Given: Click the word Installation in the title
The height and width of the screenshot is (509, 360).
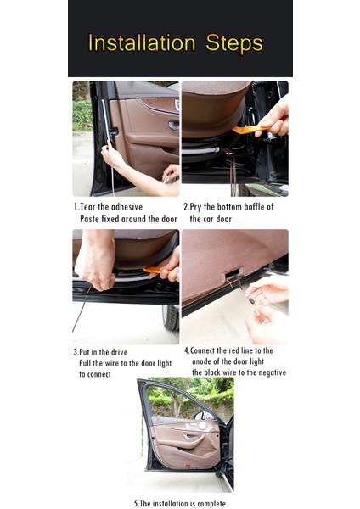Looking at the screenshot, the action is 142,42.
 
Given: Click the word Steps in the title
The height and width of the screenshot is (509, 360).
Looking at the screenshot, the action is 234,43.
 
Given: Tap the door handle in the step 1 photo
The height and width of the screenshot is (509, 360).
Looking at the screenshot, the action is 174,125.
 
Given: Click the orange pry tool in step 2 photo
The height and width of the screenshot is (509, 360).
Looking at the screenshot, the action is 249,130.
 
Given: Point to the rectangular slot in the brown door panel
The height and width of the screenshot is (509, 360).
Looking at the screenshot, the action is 233,273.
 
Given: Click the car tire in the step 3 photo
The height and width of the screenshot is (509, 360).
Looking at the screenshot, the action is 171,317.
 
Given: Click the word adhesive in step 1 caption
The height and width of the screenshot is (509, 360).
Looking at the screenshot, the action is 127,207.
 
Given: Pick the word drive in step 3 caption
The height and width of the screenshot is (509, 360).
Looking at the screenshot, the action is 119,352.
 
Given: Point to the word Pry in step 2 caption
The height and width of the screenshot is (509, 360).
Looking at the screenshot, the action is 195,207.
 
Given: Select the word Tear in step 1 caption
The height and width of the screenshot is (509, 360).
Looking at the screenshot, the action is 87,207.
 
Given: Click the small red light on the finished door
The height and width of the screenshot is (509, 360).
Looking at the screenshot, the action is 188,466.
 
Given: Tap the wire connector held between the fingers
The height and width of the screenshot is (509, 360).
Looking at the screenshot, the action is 251,300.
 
